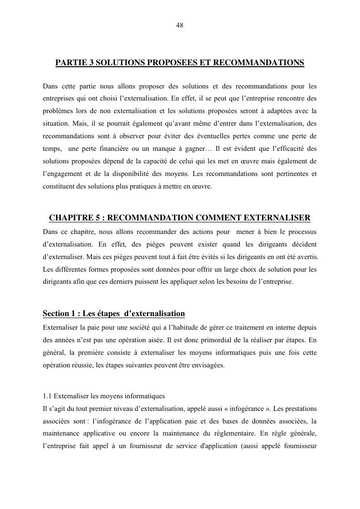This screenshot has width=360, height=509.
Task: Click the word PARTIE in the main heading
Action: click(x=70, y=63)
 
